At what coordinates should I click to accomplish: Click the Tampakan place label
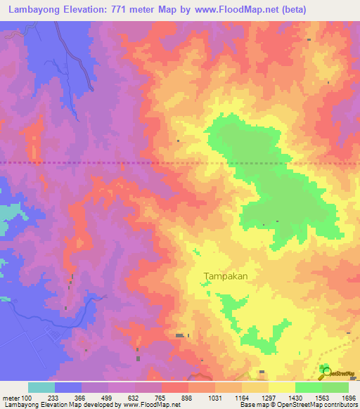pos(226,276)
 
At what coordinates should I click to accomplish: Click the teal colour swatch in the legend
pos(41,387)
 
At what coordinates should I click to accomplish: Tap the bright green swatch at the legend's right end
pos(335,387)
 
